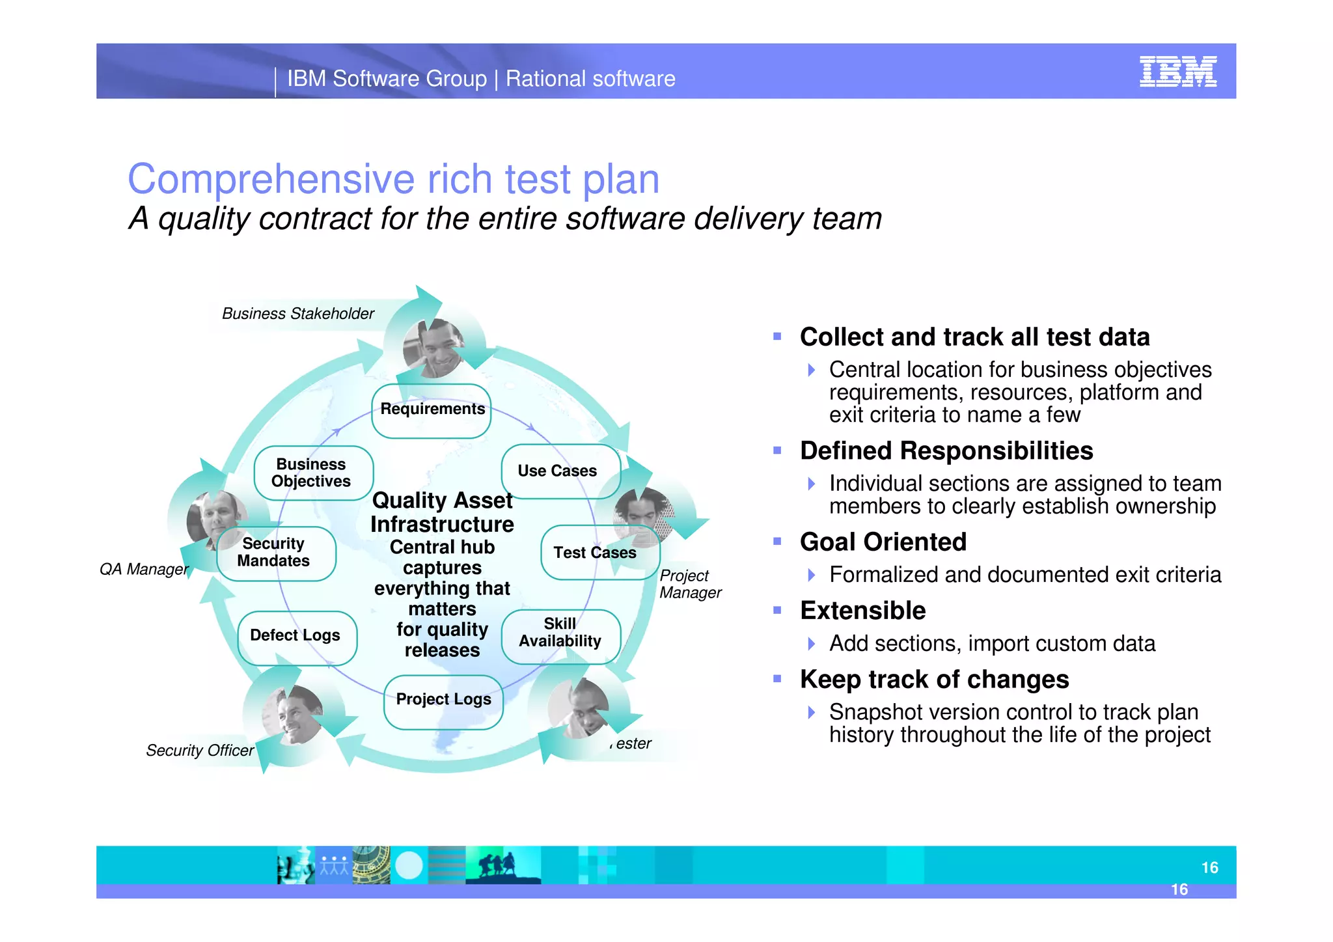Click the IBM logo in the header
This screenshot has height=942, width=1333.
(1177, 72)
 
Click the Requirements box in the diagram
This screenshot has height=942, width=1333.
(432, 410)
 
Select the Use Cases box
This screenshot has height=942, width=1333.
(558, 471)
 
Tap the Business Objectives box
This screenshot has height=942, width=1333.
(312, 473)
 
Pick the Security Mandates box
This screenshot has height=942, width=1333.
(274, 553)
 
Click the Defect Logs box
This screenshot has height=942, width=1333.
(296, 636)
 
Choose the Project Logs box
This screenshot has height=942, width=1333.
(443, 700)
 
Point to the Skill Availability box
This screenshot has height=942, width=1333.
(560, 633)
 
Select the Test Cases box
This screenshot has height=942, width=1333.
(594, 553)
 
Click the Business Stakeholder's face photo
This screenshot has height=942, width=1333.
(432, 348)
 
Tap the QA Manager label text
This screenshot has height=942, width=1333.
(144, 570)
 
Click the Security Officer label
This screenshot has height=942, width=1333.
(200, 751)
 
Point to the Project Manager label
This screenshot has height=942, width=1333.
(690, 584)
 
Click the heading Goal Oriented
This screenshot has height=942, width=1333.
(883, 542)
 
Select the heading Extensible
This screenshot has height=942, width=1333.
(862, 611)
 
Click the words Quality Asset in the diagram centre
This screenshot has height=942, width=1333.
(442, 501)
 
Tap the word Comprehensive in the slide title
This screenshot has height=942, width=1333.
(271, 179)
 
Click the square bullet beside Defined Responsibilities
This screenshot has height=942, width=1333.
(776, 450)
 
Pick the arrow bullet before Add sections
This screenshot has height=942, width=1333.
(811, 644)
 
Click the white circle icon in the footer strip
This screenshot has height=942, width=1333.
(409, 865)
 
